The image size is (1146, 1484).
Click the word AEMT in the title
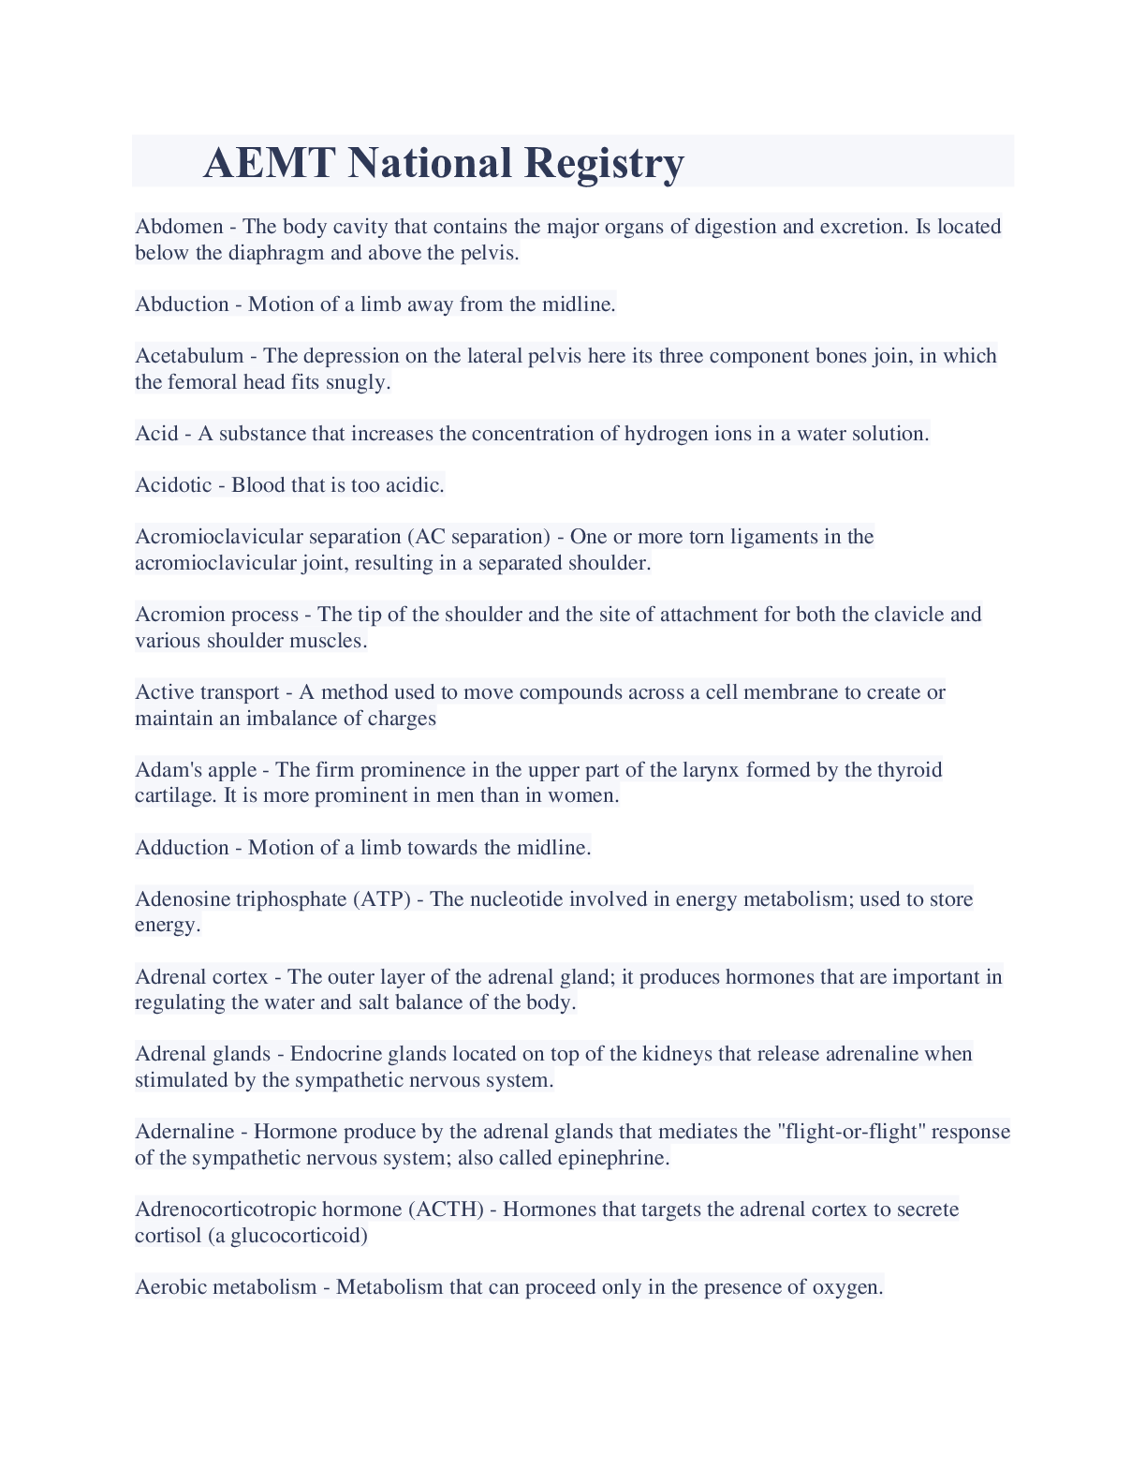click(268, 162)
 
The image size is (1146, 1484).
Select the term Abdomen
click(179, 227)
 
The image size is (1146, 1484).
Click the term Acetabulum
click(189, 356)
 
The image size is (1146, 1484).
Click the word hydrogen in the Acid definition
click(666, 434)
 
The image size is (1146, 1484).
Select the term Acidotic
click(173, 485)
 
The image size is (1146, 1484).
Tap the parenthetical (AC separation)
click(478, 537)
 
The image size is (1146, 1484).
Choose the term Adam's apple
click(196, 770)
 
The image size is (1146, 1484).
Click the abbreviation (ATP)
click(381, 899)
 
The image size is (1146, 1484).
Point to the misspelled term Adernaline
click(184, 1132)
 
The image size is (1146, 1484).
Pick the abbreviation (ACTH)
click(446, 1209)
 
